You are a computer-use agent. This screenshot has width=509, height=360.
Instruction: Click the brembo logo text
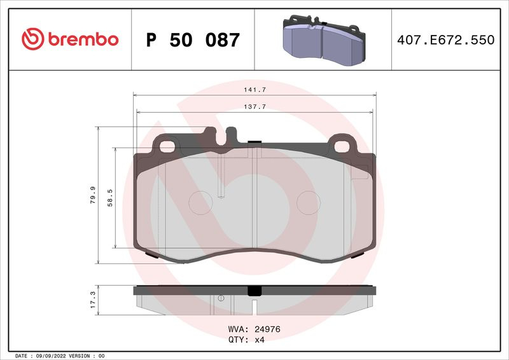83,39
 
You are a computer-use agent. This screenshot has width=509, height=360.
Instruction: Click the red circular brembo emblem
33,39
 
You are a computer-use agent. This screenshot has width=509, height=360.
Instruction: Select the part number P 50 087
193,39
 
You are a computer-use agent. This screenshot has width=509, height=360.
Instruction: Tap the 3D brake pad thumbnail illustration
324,40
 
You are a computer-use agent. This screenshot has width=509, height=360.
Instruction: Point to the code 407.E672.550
446,39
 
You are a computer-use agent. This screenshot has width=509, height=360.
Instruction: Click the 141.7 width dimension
255,90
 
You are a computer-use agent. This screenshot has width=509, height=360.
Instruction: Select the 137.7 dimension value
255,106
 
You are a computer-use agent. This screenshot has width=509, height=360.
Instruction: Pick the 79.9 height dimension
93,195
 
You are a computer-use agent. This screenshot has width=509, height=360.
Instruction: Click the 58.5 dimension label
110,198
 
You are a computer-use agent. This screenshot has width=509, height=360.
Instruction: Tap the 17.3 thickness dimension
93,300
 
